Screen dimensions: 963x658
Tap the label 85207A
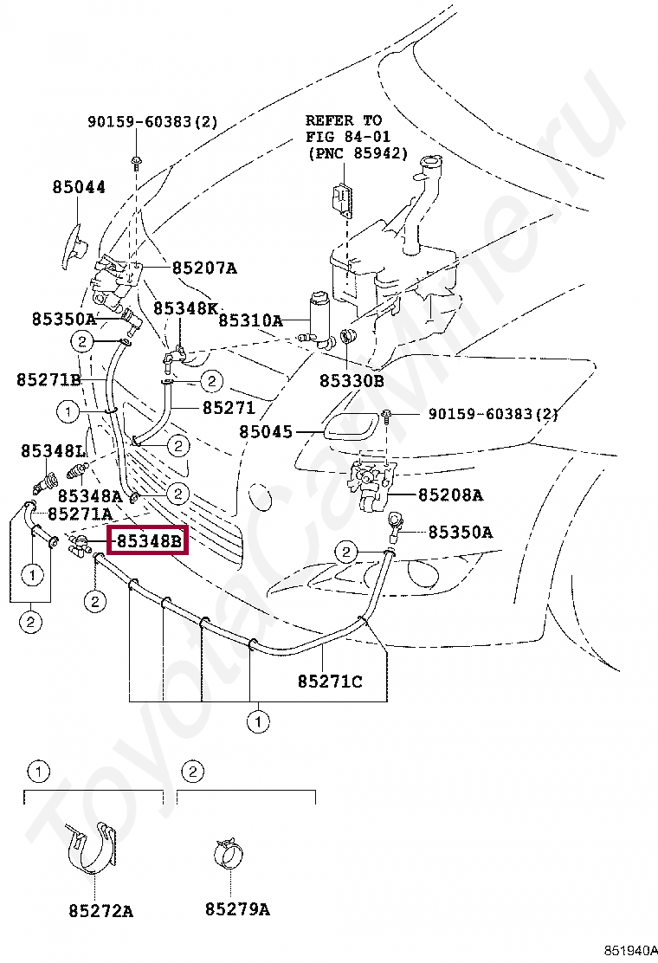pos(203,268)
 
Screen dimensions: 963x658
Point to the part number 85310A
pos(250,320)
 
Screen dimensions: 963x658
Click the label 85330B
pos(351,379)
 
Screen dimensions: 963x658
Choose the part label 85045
pos(266,431)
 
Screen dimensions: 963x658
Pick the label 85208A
pos(450,495)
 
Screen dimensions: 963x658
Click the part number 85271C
pos(330,682)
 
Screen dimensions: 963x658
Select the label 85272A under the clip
pos(101,910)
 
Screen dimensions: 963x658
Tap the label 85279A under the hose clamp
pos(237,910)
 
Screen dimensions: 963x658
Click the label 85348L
pos(53,451)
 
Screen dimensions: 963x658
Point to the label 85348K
pos(186,308)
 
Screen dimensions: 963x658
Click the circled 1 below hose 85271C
pos(257,720)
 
